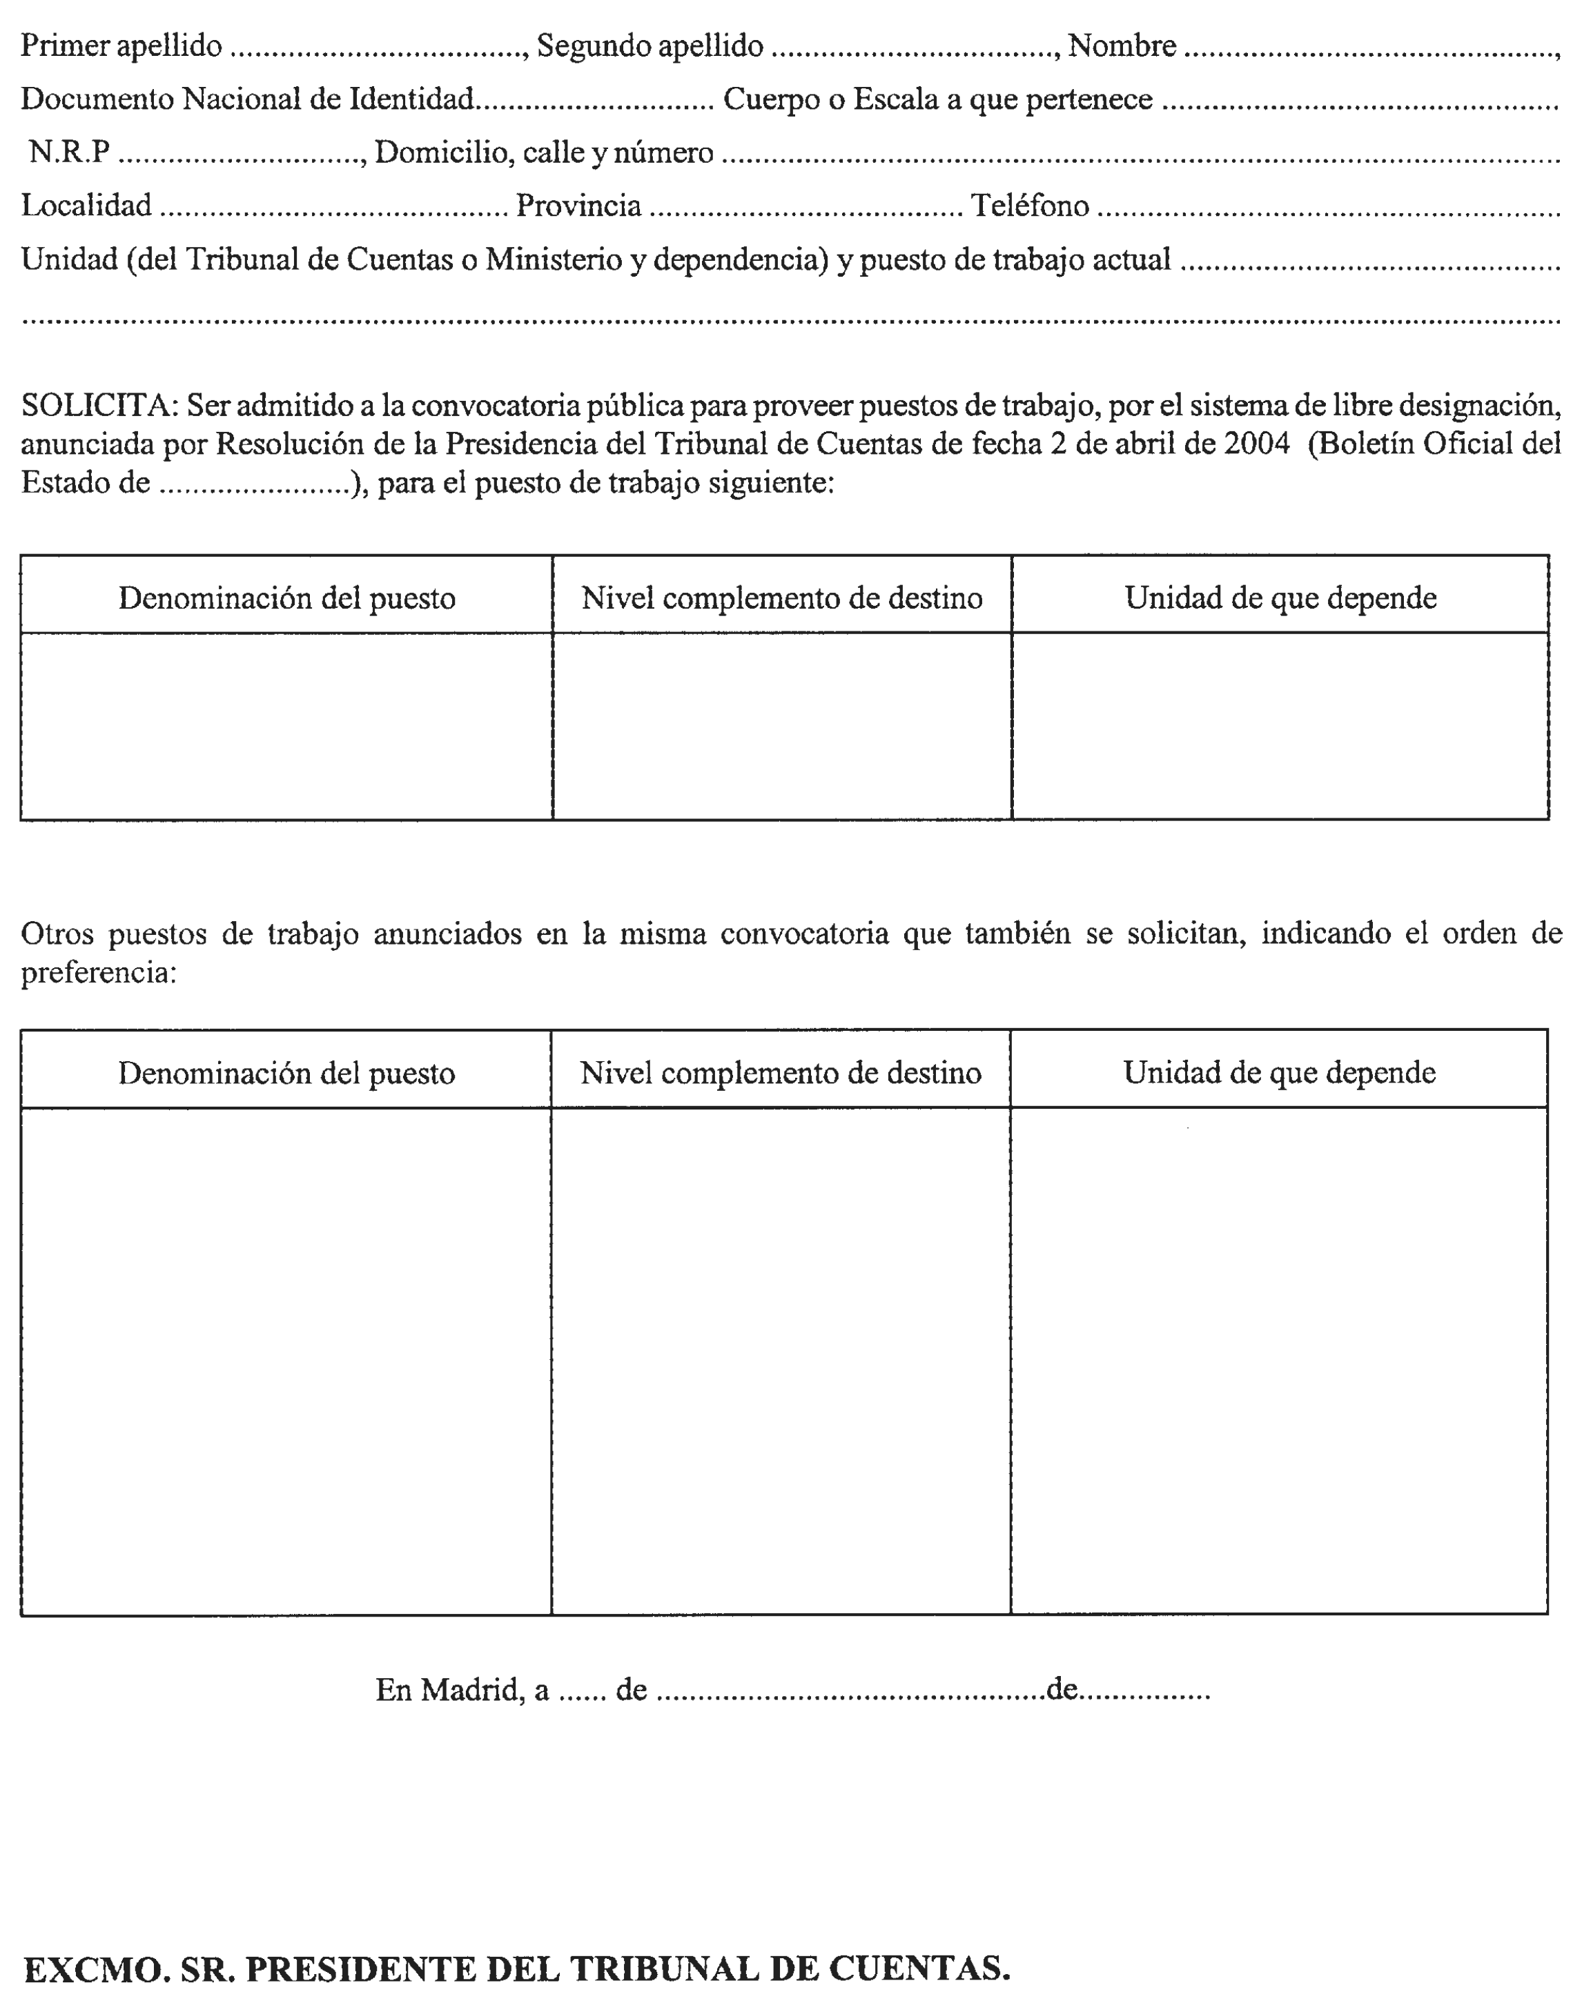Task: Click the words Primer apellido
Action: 121,46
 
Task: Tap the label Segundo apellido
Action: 650,46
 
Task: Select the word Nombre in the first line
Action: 1122,46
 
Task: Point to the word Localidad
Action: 86,205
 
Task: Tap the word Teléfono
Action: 1029,205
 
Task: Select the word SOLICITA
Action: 97,404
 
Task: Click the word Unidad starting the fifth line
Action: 70,259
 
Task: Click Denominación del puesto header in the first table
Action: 286,598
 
